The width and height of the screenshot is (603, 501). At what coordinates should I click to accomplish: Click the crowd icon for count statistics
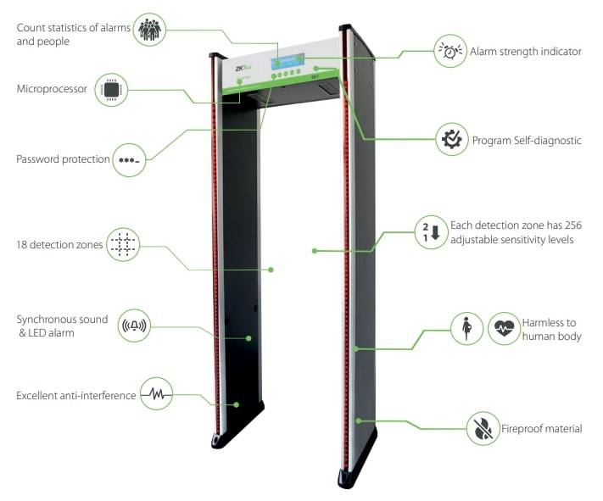point(149,29)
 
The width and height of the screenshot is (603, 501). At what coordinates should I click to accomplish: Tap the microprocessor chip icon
point(111,90)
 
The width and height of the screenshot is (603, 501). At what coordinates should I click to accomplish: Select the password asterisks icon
point(129,160)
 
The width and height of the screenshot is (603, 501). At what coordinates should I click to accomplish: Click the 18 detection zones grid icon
point(123,244)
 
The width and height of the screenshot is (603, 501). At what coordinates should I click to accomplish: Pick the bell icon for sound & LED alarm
point(134,326)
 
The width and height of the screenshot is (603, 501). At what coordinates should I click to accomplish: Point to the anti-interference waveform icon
point(156,393)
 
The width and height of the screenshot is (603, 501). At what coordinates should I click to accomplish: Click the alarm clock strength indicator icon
point(450,51)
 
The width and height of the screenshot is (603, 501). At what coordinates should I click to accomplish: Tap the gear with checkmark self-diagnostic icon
point(452,139)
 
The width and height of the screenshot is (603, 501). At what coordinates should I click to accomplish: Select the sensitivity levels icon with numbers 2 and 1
point(432,232)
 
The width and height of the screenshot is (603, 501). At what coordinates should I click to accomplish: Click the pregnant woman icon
point(466,328)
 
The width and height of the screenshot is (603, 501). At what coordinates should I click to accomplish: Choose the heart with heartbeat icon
point(504,328)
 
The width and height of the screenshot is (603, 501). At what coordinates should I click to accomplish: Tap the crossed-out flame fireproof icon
point(483,428)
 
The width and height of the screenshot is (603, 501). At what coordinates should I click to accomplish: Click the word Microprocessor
point(52,89)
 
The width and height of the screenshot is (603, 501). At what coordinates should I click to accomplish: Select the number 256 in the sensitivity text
point(573,225)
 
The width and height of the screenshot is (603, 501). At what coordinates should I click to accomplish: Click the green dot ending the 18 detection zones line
point(271,270)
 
